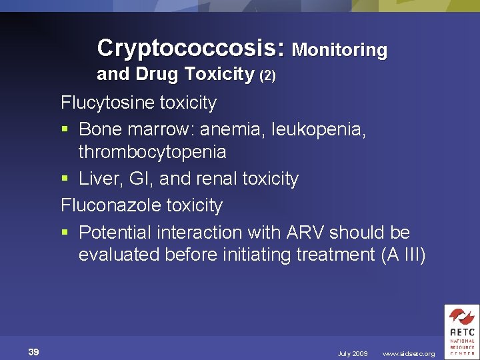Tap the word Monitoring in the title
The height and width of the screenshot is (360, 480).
click(339, 50)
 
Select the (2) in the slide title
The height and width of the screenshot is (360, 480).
click(267, 76)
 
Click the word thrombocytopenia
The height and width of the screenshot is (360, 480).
click(152, 153)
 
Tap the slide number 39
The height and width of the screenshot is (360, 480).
click(33, 352)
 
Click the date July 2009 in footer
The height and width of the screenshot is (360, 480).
click(352, 353)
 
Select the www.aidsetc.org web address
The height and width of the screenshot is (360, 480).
click(408, 353)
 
